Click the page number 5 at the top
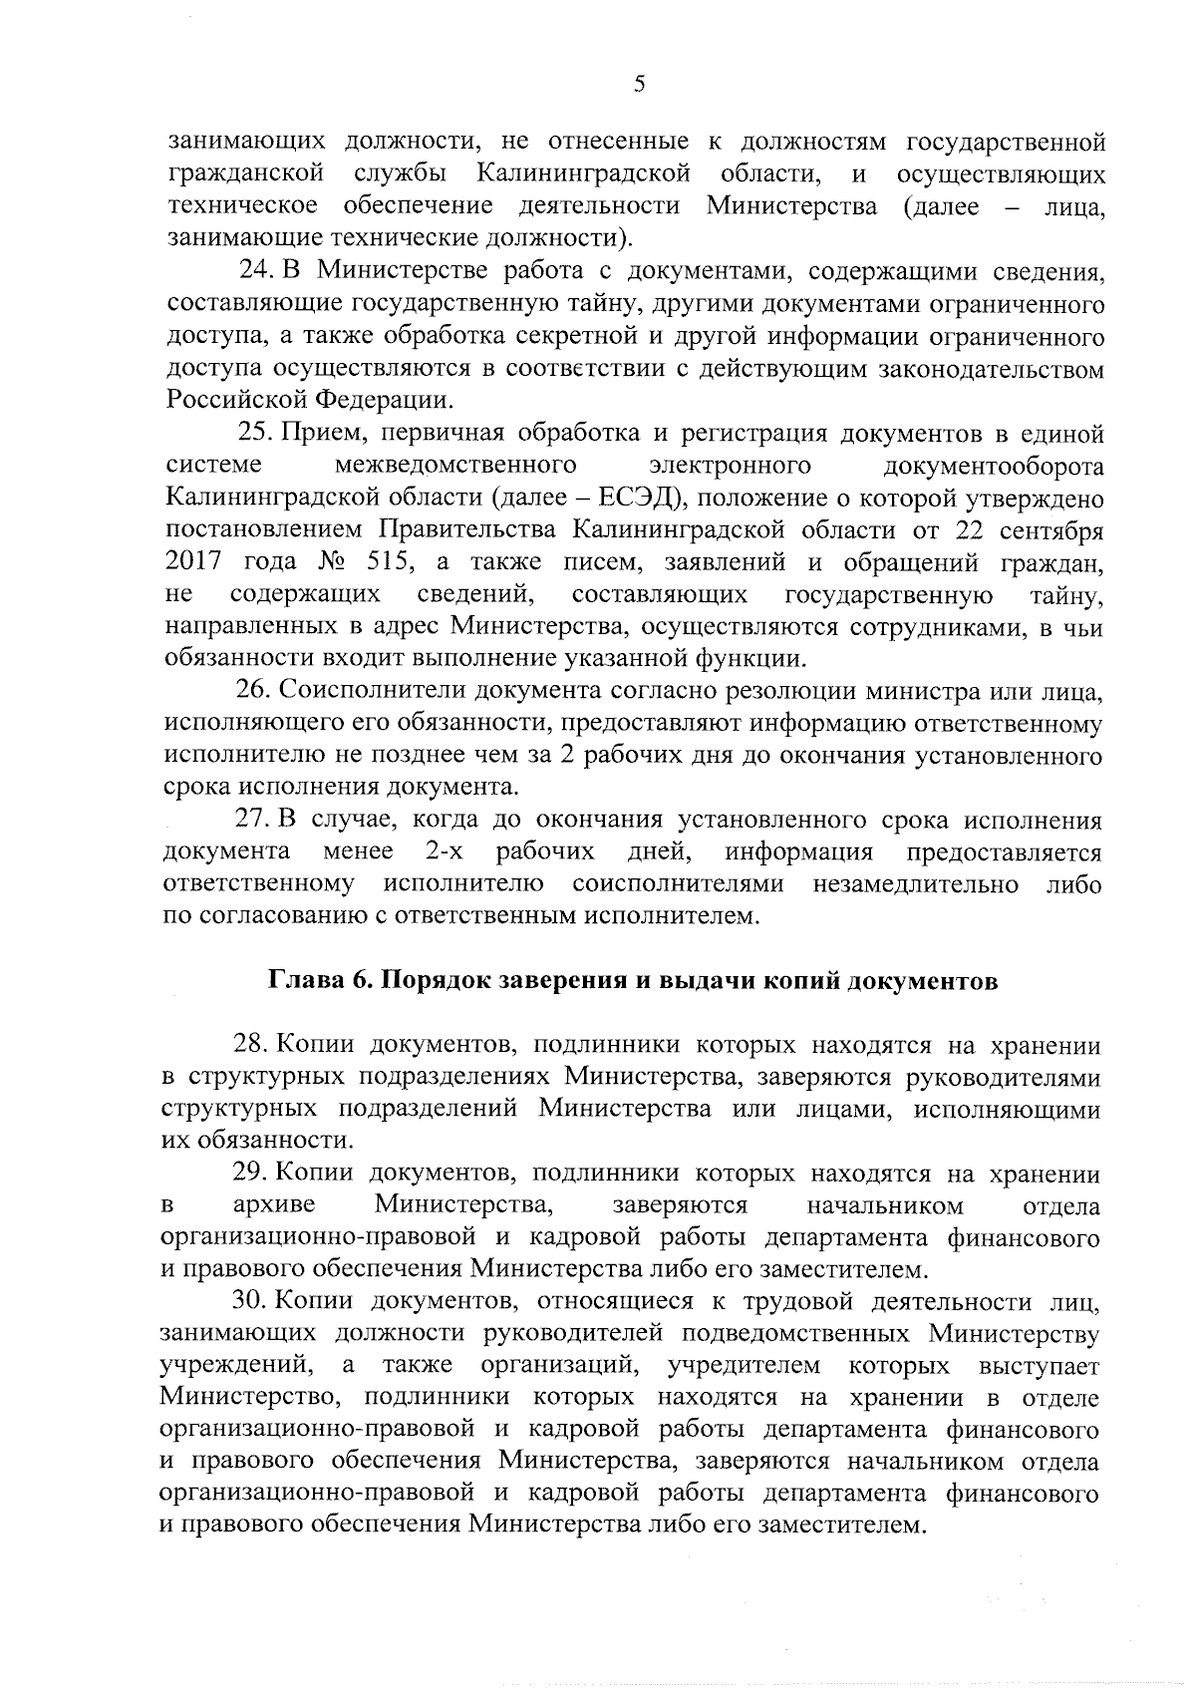[x=639, y=85]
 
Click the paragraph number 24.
[x=256, y=272]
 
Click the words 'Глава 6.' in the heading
[x=318, y=981]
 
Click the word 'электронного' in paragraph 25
[x=729, y=467]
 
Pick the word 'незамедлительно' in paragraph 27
[x=916, y=884]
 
